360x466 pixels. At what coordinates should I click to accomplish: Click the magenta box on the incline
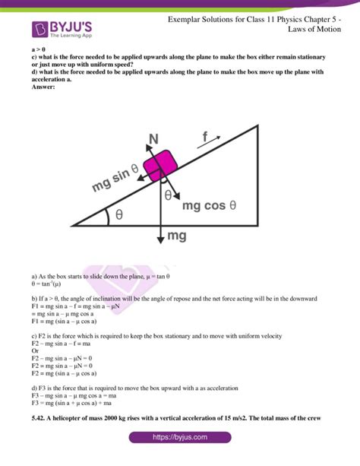pos(161,163)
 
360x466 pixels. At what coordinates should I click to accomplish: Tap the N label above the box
pos(153,138)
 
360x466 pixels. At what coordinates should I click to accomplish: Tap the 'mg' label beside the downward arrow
pos(177,236)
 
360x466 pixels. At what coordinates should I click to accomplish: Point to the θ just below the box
pos(169,195)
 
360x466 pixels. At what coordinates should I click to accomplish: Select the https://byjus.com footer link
pos(180,438)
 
